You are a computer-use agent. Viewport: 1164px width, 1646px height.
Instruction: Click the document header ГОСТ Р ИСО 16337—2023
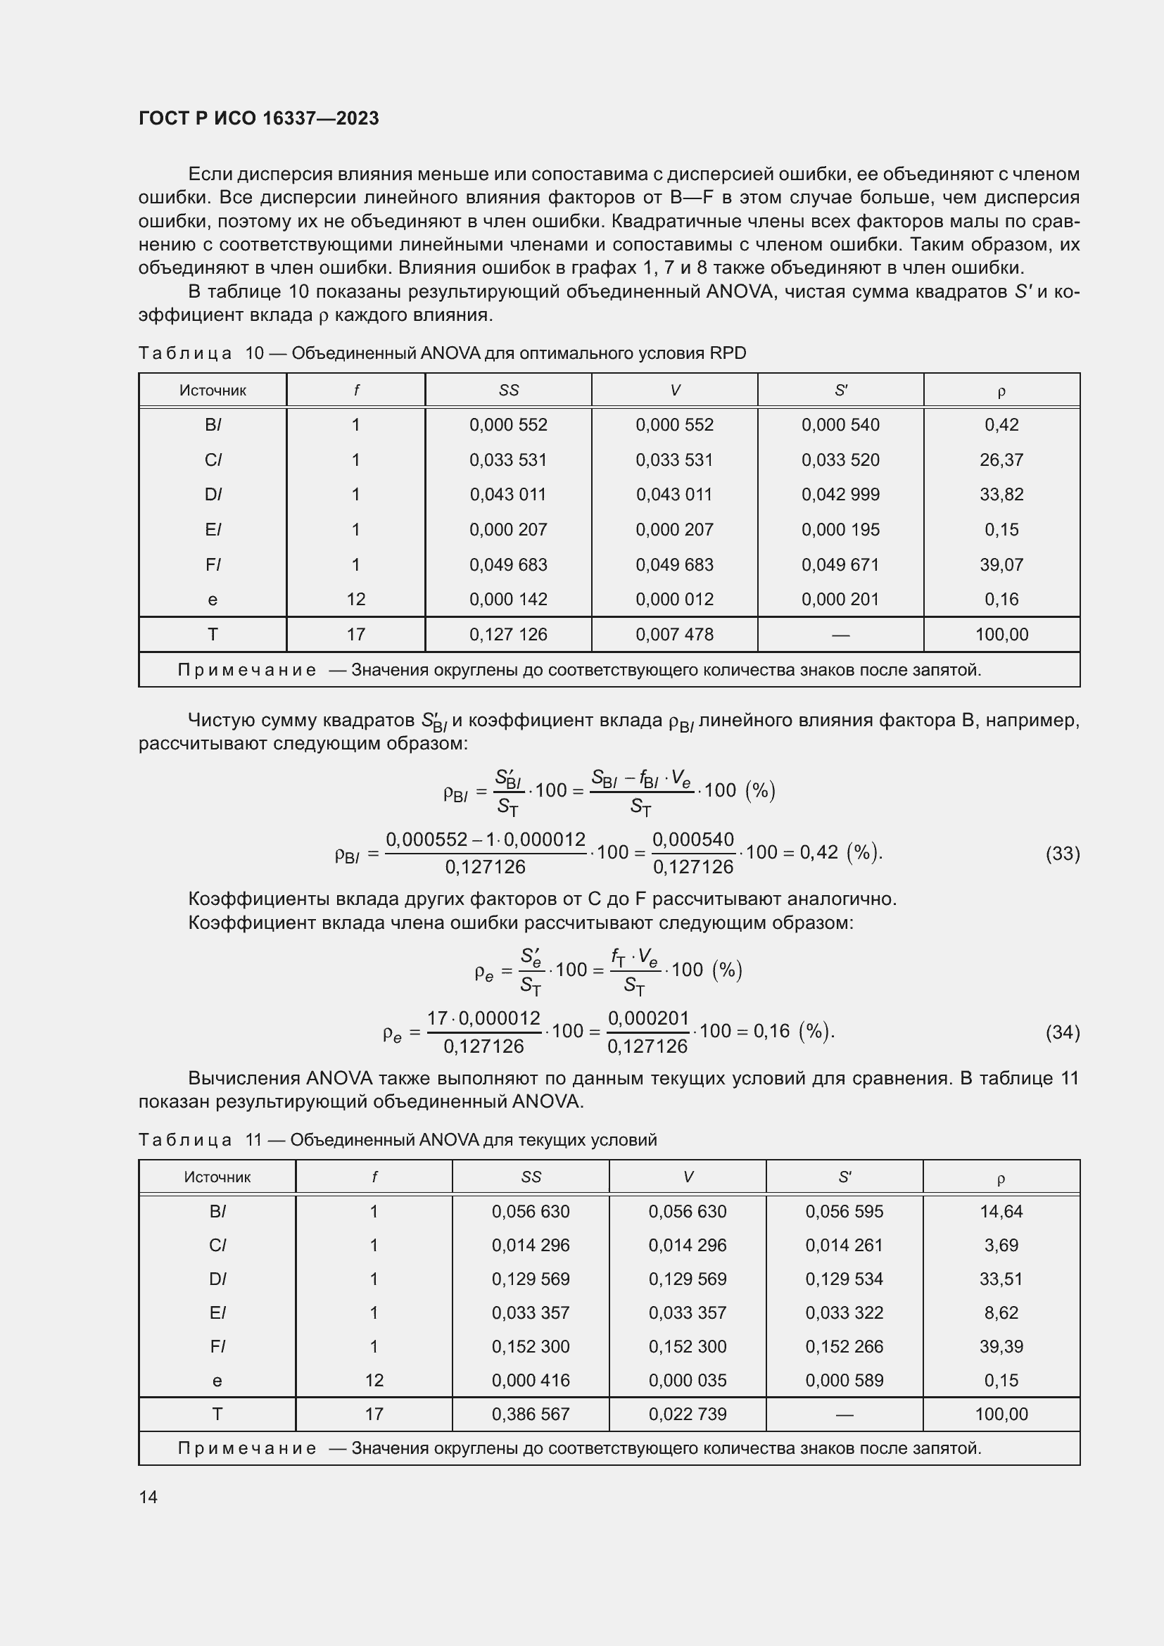(258, 118)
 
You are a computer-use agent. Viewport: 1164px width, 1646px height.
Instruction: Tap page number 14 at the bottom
(148, 1497)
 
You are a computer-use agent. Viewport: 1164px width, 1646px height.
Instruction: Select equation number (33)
(1062, 853)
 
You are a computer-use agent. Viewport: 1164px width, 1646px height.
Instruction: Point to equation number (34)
(1062, 1032)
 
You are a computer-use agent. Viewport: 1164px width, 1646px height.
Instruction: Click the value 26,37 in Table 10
(1001, 460)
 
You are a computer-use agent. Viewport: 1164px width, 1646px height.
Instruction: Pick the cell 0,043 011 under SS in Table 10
(507, 495)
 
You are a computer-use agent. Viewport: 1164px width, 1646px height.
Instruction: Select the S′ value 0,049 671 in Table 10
(840, 564)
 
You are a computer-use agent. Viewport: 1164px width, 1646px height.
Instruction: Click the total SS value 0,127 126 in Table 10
(507, 635)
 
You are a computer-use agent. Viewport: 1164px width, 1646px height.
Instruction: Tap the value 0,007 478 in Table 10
(673, 635)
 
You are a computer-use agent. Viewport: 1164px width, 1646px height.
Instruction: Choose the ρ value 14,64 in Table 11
(1001, 1212)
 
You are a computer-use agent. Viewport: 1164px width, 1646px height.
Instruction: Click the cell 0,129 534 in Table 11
(844, 1279)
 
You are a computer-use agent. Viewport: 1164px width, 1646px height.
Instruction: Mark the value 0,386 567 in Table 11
(531, 1414)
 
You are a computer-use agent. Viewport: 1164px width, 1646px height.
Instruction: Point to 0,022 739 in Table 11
(687, 1414)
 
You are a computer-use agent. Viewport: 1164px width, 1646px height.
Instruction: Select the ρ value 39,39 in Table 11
(1001, 1346)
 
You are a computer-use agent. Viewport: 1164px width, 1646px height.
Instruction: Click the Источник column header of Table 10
(212, 391)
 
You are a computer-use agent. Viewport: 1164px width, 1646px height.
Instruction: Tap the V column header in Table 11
(688, 1177)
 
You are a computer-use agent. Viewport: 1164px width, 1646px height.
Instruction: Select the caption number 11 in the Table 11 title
(254, 1140)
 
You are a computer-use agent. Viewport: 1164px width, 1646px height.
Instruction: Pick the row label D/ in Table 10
(213, 495)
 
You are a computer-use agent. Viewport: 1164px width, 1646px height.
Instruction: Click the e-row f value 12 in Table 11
(374, 1380)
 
